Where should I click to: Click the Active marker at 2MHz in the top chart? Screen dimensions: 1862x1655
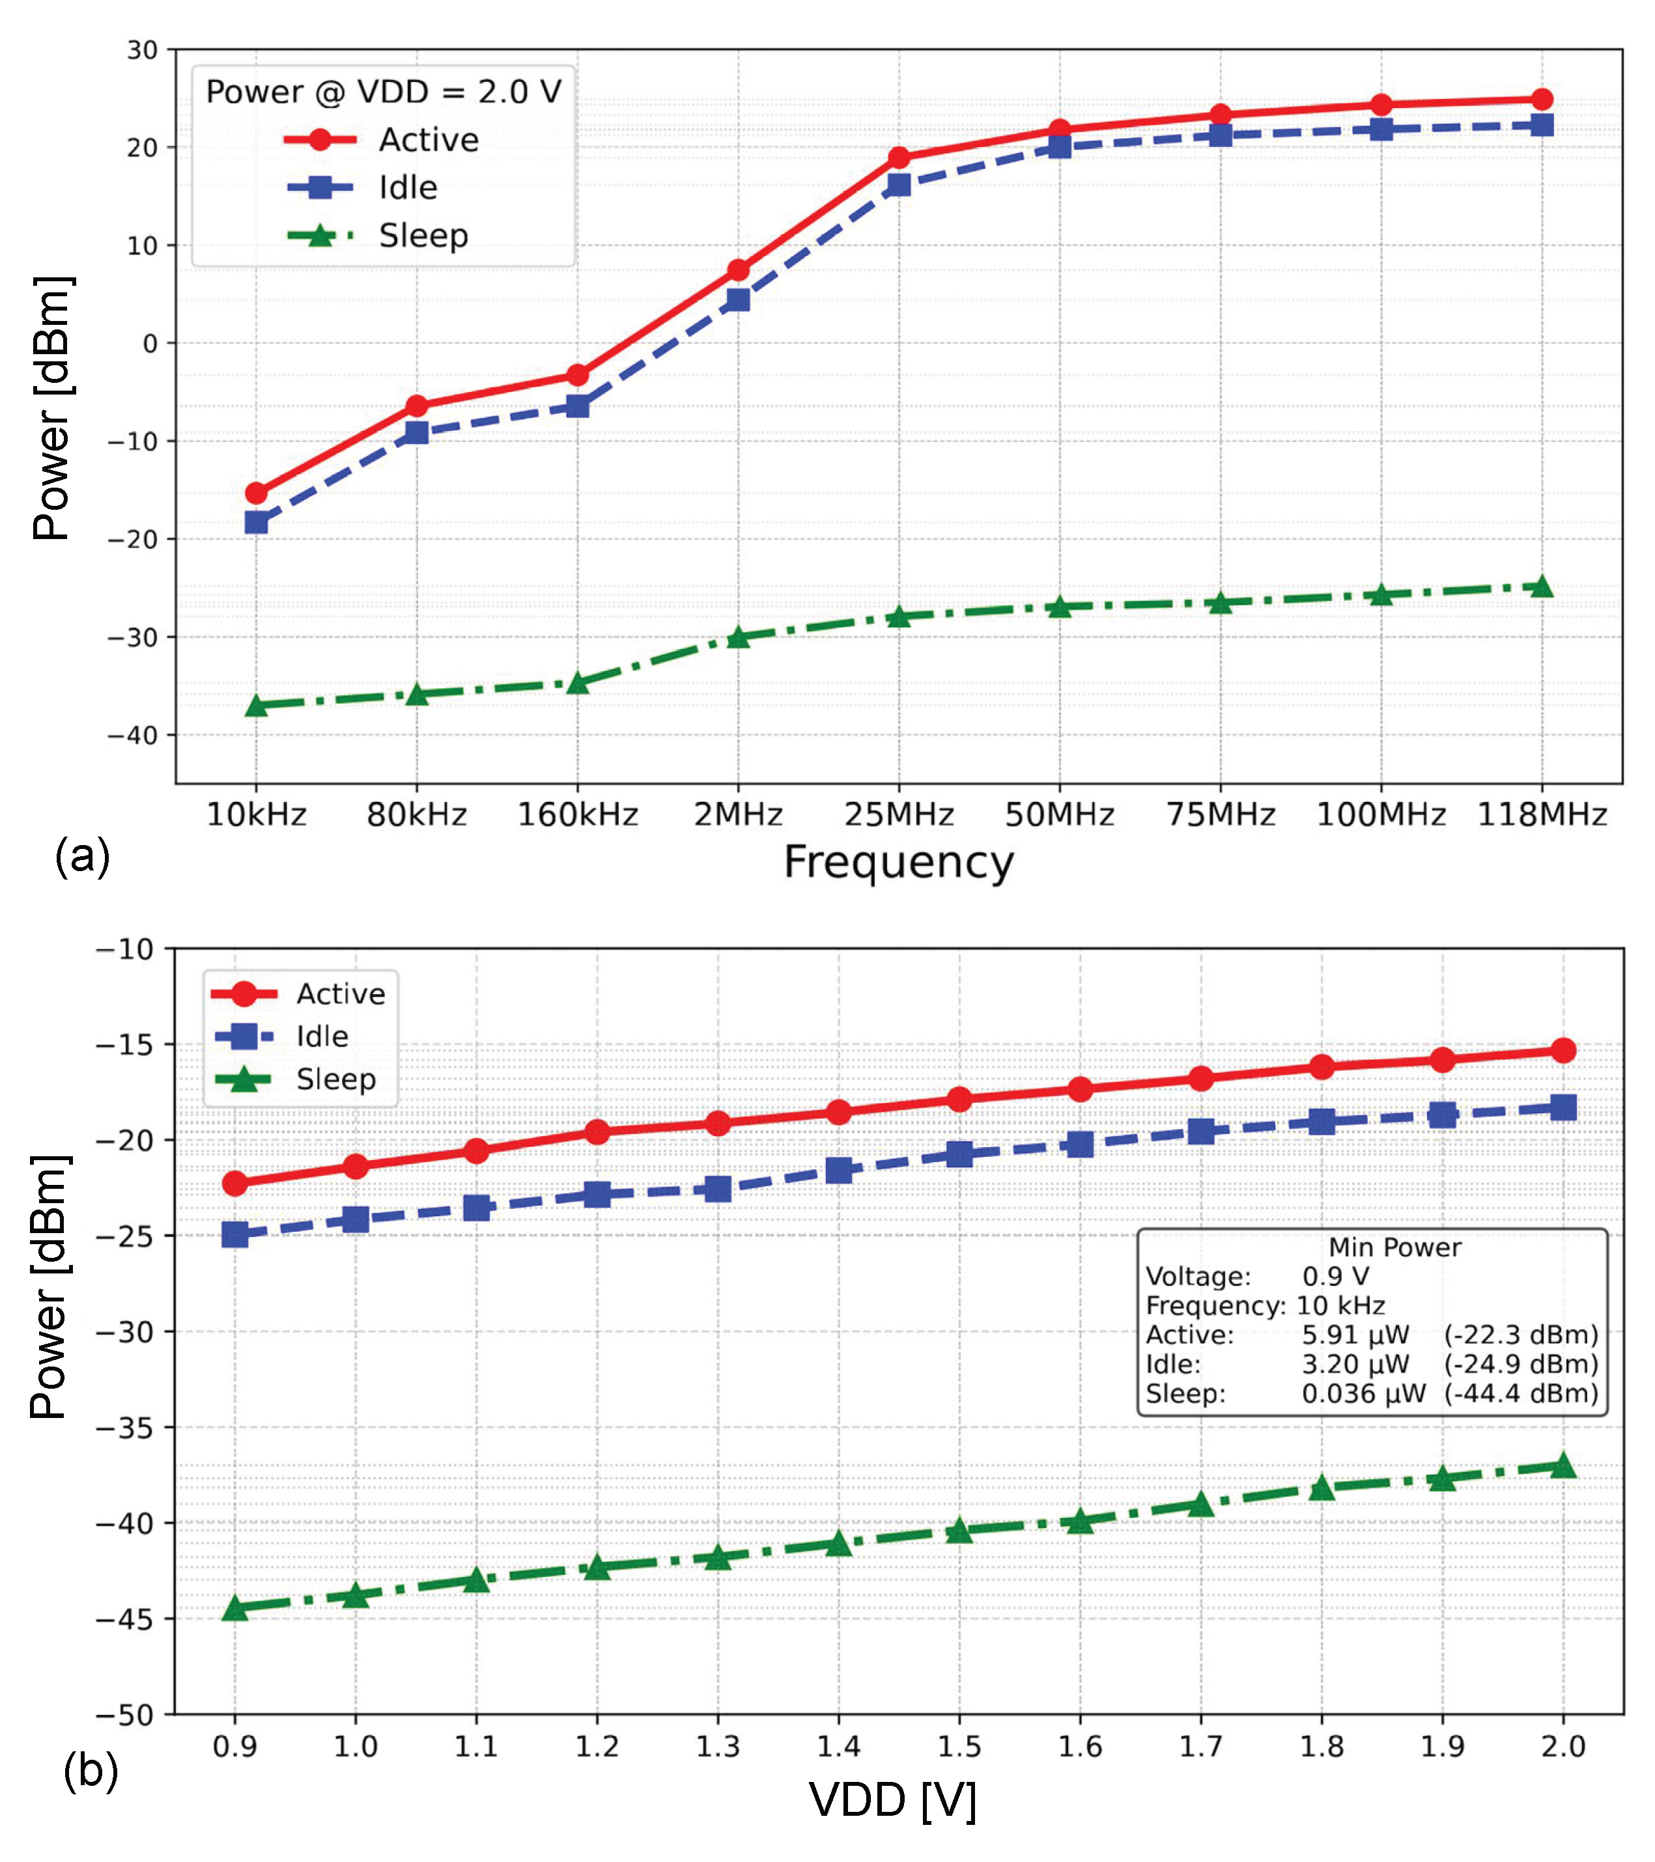click(x=738, y=271)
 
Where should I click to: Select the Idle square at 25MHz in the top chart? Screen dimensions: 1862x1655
click(x=899, y=185)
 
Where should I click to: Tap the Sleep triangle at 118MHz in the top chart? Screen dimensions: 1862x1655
click(x=1541, y=587)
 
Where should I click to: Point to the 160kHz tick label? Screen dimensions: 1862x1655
click(x=578, y=814)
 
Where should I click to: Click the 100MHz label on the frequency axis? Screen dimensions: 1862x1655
click(x=1381, y=814)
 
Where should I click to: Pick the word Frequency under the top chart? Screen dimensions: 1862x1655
click(x=899, y=862)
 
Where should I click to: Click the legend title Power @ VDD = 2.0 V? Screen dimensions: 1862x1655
click(x=384, y=92)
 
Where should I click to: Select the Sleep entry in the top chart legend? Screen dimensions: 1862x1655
click(x=423, y=236)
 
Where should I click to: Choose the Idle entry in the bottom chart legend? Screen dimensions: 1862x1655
click(x=322, y=1036)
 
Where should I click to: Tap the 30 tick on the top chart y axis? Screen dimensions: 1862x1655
click(x=142, y=50)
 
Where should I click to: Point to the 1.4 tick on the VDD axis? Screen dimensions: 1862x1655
click(x=838, y=1746)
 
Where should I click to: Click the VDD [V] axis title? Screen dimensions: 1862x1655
click(x=893, y=1800)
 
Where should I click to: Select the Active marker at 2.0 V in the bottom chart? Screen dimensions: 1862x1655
click(x=1564, y=1050)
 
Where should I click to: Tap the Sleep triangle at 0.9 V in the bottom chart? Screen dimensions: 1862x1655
click(x=235, y=1609)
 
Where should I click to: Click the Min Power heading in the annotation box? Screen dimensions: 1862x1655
click(x=1394, y=1247)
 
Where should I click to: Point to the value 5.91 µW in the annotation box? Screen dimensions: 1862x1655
click(x=1355, y=1335)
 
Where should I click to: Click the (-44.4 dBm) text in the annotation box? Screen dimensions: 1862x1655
click(x=1521, y=1394)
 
